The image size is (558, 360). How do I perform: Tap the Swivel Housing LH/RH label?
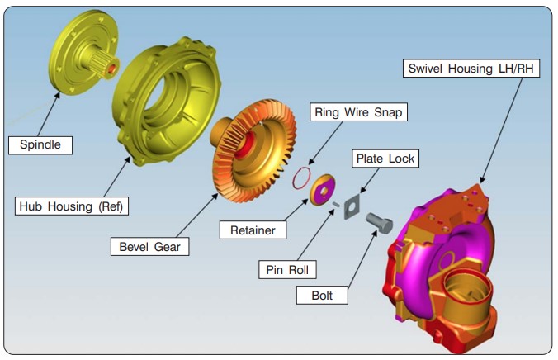pos(472,69)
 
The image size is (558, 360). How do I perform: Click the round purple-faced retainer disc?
pos(321,189)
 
